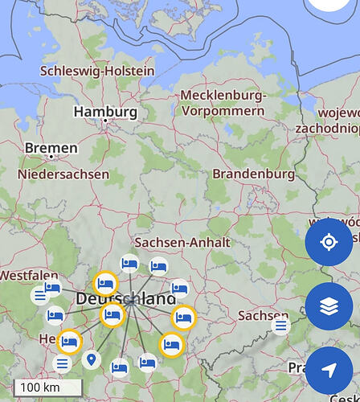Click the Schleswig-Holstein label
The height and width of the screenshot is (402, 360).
97,71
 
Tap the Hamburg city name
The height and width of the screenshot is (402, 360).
104,111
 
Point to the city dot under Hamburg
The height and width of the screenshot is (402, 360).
104,121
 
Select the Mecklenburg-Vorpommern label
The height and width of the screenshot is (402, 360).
223,103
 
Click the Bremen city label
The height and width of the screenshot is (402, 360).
51,148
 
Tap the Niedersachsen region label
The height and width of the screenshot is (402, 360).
63,174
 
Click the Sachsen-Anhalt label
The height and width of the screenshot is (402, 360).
182,242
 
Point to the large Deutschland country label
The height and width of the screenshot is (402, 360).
126,299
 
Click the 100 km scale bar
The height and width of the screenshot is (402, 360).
47,387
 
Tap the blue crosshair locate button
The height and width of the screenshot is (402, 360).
329,242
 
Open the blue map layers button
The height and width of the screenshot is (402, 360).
329,306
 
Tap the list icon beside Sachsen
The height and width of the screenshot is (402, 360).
280,326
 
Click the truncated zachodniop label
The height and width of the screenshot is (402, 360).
327,128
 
